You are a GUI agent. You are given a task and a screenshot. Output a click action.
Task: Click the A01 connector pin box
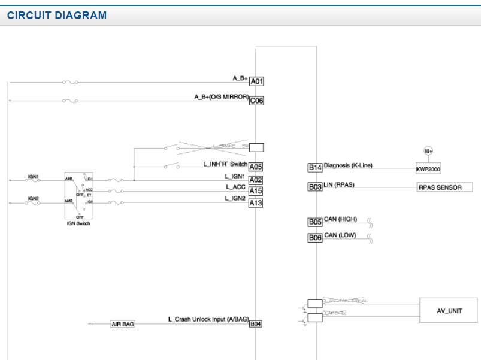click(x=256, y=81)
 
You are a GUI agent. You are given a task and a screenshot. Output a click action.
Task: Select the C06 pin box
click(x=256, y=101)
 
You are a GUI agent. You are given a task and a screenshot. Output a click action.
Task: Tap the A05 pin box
click(x=256, y=167)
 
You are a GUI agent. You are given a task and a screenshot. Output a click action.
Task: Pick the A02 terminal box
click(x=256, y=180)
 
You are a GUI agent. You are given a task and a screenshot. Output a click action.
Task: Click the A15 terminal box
click(x=256, y=191)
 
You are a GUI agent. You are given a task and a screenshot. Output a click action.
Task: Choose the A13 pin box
click(x=256, y=203)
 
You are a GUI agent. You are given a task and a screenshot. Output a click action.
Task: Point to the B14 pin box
click(x=315, y=168)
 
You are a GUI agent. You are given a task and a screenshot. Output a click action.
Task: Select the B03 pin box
click(x=315, y=187)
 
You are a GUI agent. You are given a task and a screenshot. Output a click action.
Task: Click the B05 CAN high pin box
click(x=315, y=222)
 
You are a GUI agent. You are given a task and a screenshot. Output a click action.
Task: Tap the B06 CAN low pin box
click(x=315, y=238)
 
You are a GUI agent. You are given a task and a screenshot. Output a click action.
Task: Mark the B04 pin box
click(x=256, y=324)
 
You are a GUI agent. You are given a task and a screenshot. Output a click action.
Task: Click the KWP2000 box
click(x=428, y=169)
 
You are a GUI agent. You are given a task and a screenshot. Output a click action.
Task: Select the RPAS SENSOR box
click(x=444, y=187)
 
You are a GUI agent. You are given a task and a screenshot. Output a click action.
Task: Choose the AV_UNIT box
click(x=449, y=311)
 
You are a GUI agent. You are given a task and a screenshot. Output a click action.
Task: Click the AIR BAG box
click(x=123, y=324)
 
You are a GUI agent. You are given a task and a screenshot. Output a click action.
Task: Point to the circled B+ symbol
click(x=428, y=151)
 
